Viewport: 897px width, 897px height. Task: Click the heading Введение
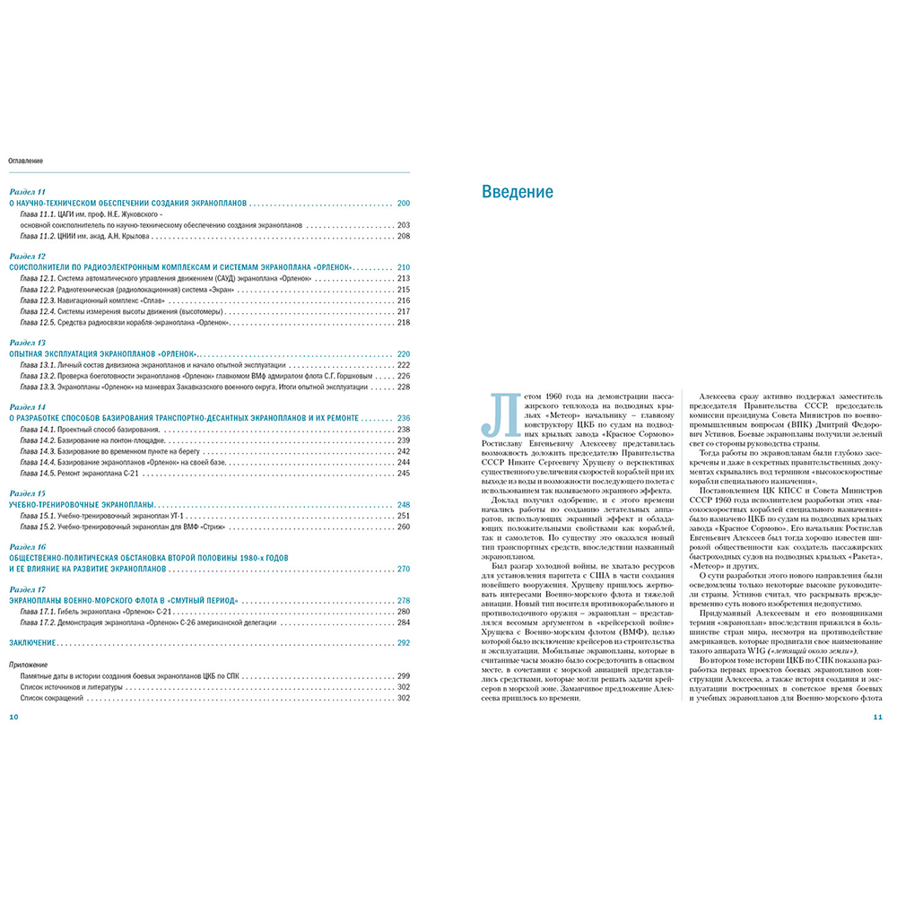click(x=518, y=192)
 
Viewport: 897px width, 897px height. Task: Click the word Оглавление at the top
click(x=27, y=161)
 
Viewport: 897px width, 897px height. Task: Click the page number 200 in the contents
click(x=403, y=204)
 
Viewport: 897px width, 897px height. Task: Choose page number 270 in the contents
click(x=403, y=569)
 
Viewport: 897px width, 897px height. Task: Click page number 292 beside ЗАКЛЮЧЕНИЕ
click(x=403, y=643)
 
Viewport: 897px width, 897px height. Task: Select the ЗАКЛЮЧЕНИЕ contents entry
click(x=33, y=643)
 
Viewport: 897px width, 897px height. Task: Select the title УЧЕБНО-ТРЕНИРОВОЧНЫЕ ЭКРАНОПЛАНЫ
click(x=83, y=505)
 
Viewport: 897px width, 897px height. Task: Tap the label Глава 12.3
click(x=38, y=300)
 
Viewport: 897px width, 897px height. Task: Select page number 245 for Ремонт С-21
click(x=403, y=473)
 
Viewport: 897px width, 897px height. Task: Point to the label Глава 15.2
click(x=38, y=527)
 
